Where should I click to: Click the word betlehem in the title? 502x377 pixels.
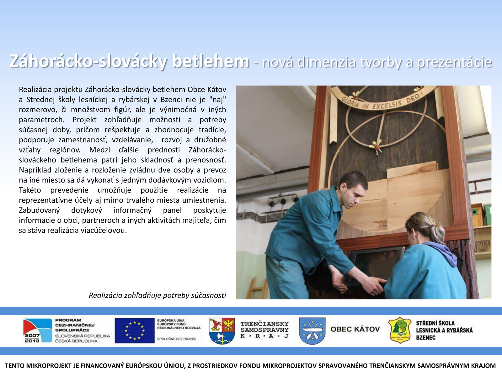point(211,61)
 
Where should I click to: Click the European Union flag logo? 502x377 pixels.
point(135,331)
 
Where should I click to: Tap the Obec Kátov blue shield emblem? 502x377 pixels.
point(312,331)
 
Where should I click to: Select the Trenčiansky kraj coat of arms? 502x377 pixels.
point(222,331)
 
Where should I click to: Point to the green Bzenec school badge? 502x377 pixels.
point(399,331)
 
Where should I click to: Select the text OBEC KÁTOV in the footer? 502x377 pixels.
point(355,329)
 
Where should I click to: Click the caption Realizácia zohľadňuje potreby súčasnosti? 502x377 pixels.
point(157,295)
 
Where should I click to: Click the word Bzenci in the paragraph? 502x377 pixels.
point(171,100)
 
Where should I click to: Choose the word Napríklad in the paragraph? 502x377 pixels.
point(34,170)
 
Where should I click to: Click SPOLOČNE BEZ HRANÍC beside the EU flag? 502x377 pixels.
point(177,339)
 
